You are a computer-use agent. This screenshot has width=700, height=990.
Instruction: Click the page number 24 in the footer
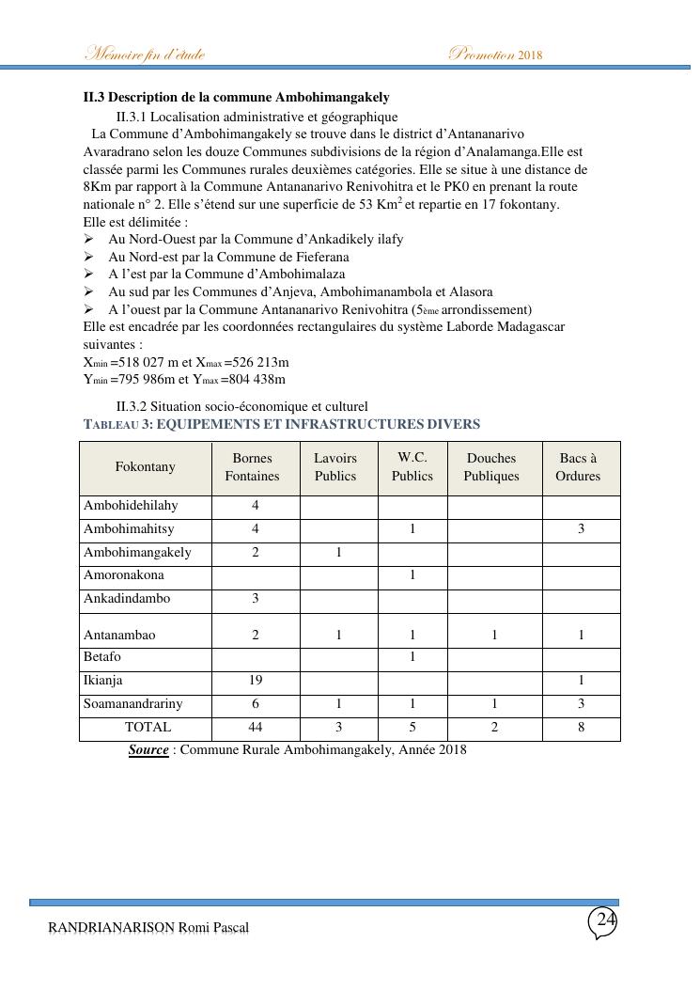click(x=606, y=920)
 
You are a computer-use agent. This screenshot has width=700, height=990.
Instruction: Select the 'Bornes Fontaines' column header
click(x=252, y=467)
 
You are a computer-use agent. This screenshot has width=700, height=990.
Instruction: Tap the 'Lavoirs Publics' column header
click(x=335, y=467)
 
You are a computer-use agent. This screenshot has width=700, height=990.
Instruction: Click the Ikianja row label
click(x=103, y=680)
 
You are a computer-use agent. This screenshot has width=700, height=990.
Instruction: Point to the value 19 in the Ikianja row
click(x=256, y=680)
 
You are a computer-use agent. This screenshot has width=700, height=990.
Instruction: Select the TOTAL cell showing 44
click(x=256, y=727)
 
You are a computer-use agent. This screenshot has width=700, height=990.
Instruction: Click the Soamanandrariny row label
click(x=133, y=703)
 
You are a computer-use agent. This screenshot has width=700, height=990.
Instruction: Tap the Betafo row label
click(x=102, y=656)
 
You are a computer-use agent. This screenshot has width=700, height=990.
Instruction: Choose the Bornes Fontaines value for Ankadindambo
click(x=256, y=598)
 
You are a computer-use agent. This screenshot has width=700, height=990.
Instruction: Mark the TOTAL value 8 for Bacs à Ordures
click(x=582, y=727)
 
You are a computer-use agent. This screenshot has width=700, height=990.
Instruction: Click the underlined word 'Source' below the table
click(x=148, y=750)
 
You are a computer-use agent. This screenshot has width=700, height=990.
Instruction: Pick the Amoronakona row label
click(x=124, y=574)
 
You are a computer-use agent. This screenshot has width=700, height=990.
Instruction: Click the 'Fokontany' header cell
click(x=145, y=466)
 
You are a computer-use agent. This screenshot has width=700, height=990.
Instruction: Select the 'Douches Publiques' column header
click(x=491, y=467)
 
